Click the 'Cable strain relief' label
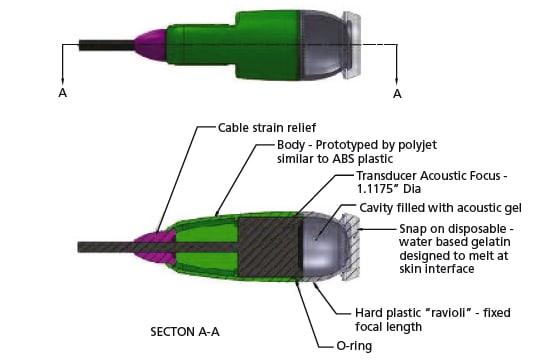pos(267,128)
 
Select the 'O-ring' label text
pos(354,345)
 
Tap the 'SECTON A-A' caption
pos(185,332)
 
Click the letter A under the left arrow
pos(63,93)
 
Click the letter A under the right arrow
pos(397,94)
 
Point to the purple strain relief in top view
pos(150,45)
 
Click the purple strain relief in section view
pos(154,247)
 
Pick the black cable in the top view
pos(107,45)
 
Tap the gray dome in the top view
pos(323,45)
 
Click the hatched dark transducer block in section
pos(270,247)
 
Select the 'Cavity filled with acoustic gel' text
pos(440,208)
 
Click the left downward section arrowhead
pos(63,81)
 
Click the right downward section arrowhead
pos(396,81)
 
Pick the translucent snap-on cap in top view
pos(352,45)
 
